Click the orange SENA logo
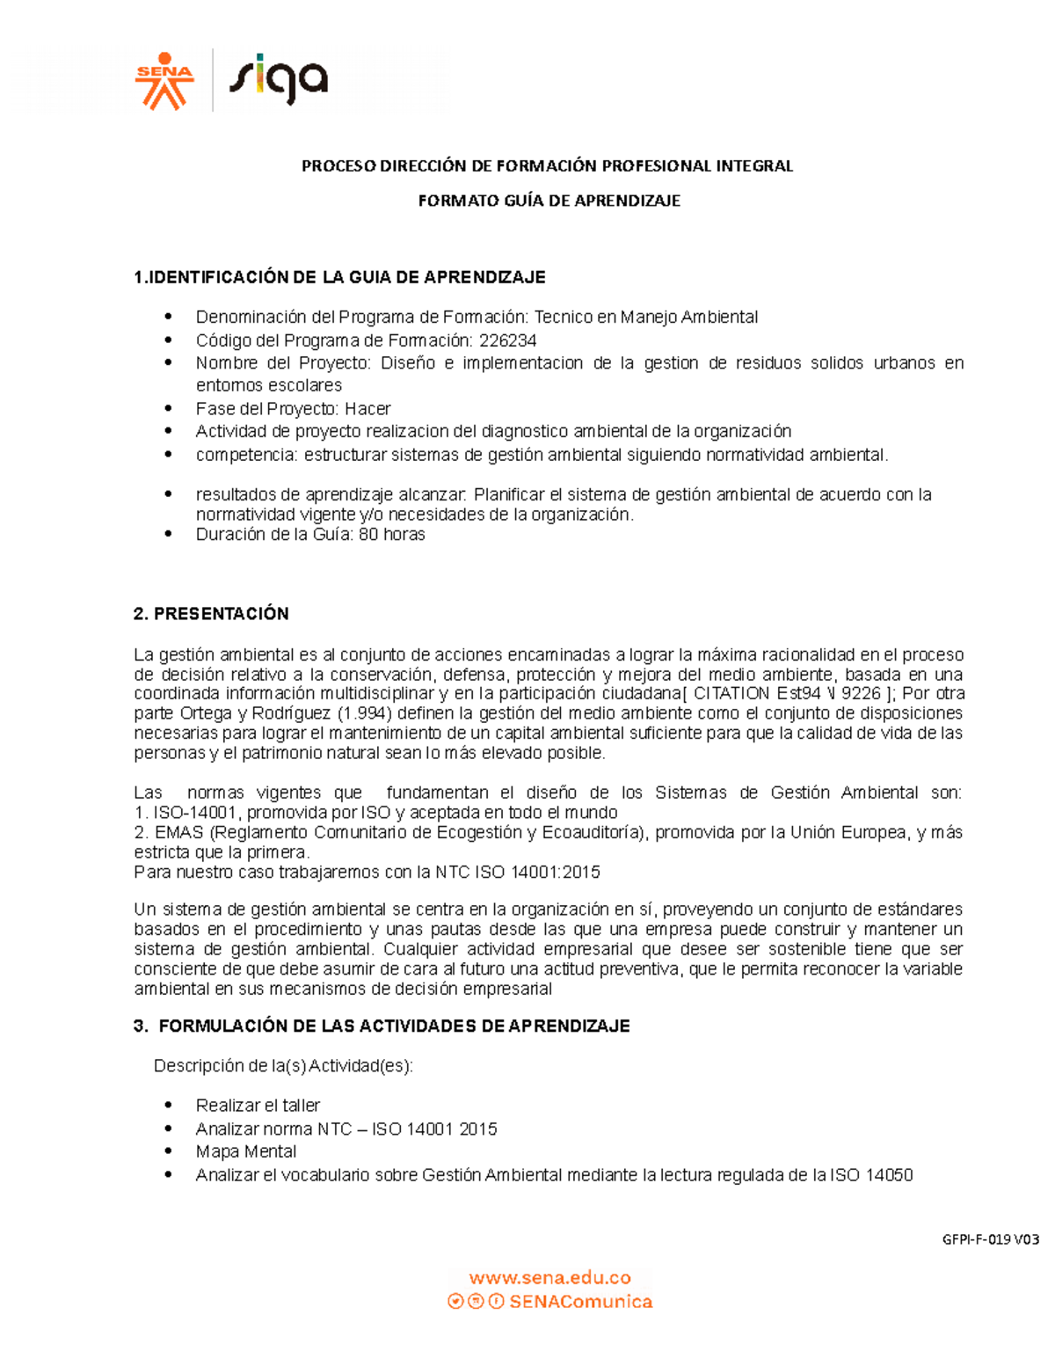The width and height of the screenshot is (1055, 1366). point(164,82)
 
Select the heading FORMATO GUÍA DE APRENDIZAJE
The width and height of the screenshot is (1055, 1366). point(549,201)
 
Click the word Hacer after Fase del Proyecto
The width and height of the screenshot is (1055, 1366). point(367,409)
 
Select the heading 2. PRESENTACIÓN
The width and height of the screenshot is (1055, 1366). point(211,614)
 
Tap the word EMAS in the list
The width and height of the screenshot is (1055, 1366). point(179,833)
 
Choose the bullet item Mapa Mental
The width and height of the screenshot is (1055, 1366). point(246,1151)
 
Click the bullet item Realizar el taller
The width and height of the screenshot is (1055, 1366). point(258,1106)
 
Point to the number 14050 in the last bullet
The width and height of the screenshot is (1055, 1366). point(890,1175)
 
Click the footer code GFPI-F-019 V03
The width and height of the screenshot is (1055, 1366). point(990,1240)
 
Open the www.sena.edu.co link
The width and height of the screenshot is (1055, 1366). point(549,1278)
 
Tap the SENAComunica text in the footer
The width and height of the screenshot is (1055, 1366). point(580,1302)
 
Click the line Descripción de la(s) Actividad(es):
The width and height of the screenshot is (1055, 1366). point(283,1066)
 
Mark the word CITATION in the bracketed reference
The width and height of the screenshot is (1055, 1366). point(731,693)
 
